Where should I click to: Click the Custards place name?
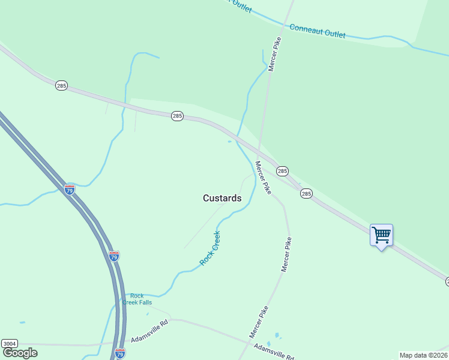(x=222, y=198)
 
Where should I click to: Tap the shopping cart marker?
(x=381, y=235)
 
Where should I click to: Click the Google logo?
(x=20, y=353)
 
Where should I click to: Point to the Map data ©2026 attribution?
(x=424, y=355)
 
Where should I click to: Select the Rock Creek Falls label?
(x=137, y=299)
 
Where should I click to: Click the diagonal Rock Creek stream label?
(x=210, y=248)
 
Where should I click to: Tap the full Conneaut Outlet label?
(x=317, y=31)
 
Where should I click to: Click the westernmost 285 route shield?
(x=61, y=86)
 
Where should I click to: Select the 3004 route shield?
(x=9, y=343)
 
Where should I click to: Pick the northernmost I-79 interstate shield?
(x=70, y=190)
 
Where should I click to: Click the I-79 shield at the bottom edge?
(x=120, y=353)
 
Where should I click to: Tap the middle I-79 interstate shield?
(x=114, y=256)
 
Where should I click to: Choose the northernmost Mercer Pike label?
(x=275, y=54)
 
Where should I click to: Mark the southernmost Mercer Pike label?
(x=259, y=321)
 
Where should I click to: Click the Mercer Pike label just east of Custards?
(x=263, y=178)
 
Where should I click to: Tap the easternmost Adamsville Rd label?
(x=274, y=352)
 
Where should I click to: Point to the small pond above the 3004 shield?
(x=22, y=323)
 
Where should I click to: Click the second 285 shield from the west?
(x=176, y=116)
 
